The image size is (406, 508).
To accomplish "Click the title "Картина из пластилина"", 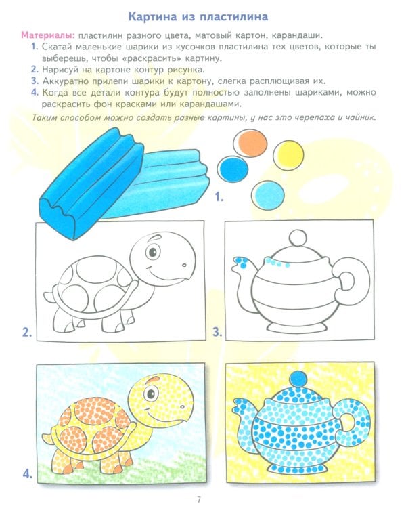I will pyautogui.click(x=203, y=16).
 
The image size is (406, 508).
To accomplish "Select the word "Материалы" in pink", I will pyautogui.click(x=47, y=35).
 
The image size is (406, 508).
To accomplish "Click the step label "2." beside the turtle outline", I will pyautogui.click(x=27, y=332).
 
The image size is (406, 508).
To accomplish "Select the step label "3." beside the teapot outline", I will pyautogui.click(x=217, y=332).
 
